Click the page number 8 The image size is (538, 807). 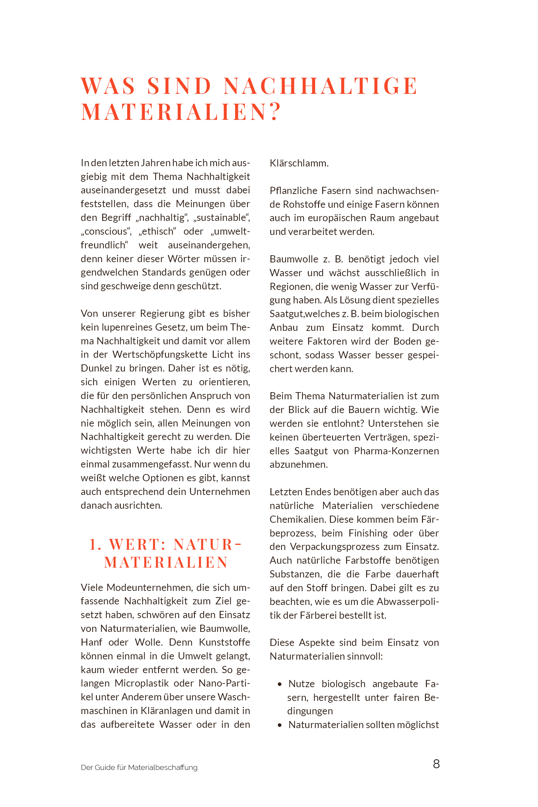pyautogui.click(x=436, y=764)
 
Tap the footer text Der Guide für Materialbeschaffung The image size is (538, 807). pyautogui.click(x=139, y=768)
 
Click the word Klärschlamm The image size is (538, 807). pyautogui.click(x=299, y=163)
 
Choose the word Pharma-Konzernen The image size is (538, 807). pyautogui.click(x=396, y=451)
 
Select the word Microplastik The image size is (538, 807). pyautogui.click(x=141, y=683)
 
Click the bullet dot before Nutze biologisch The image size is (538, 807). pyautogui.click(x=280, y=684)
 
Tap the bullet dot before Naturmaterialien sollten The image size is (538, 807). pyautogui.click(x=280, y=725)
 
